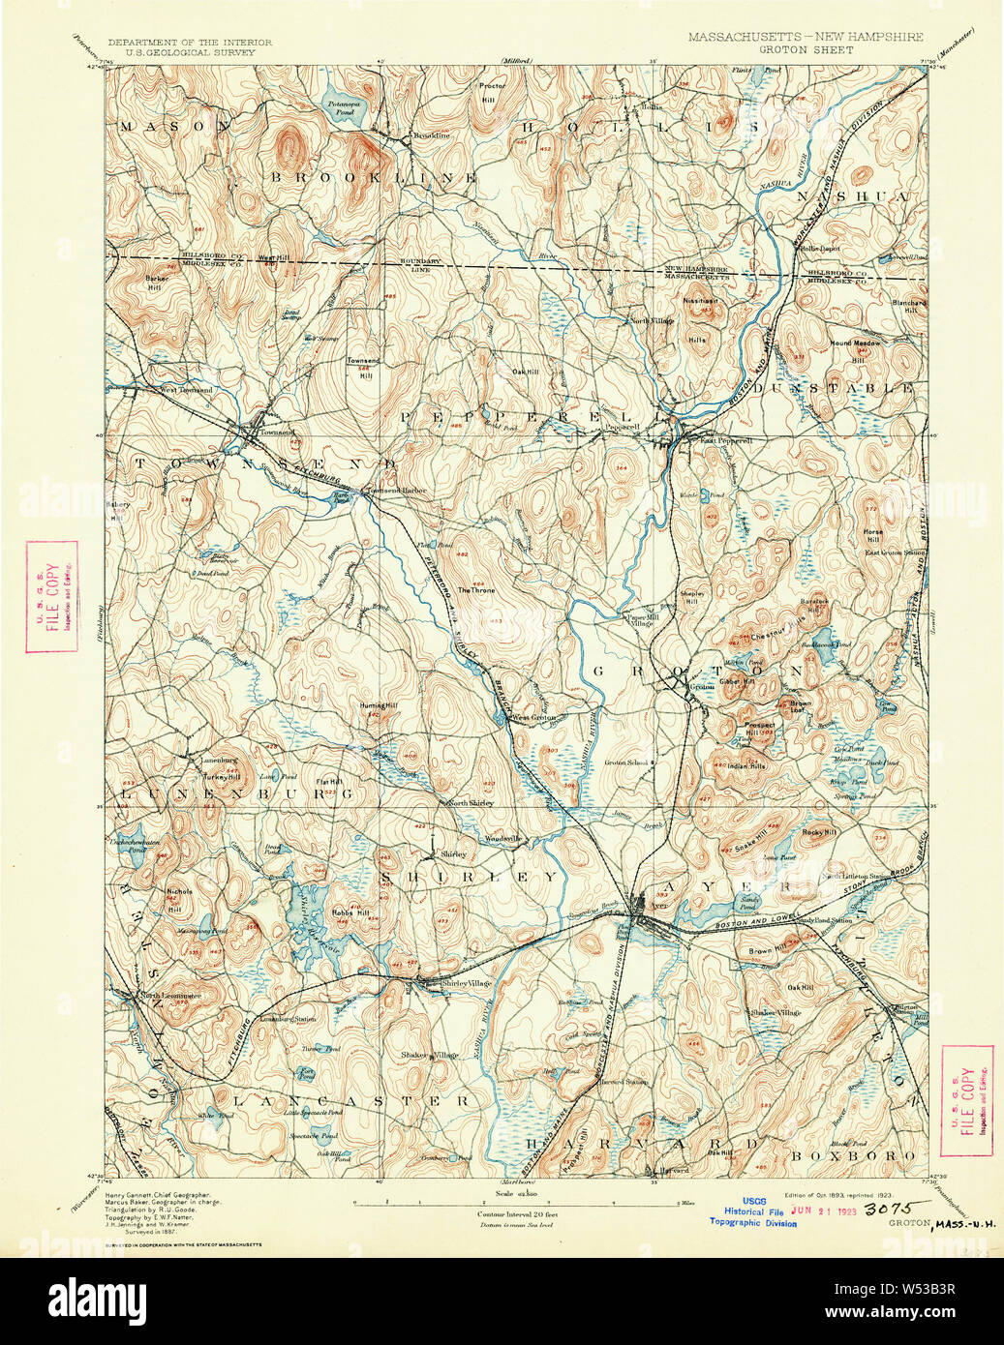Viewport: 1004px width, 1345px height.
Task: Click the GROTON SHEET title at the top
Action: (806, 49)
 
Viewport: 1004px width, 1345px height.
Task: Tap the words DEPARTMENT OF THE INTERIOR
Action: (190, 43)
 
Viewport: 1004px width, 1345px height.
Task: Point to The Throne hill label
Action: (476, 590)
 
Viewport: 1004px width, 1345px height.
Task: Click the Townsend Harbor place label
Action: (396, 492)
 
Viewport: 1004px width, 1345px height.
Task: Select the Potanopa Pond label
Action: (342, 108)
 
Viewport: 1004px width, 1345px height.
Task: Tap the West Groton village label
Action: (533, 717)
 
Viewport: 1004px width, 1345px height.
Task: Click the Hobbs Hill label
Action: (350, 912)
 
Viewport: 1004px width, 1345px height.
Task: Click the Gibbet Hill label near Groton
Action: (737, 680)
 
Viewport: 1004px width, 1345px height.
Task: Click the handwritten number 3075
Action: (886, 1209)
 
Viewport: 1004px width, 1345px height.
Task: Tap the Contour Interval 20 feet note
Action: (514, 1213)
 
